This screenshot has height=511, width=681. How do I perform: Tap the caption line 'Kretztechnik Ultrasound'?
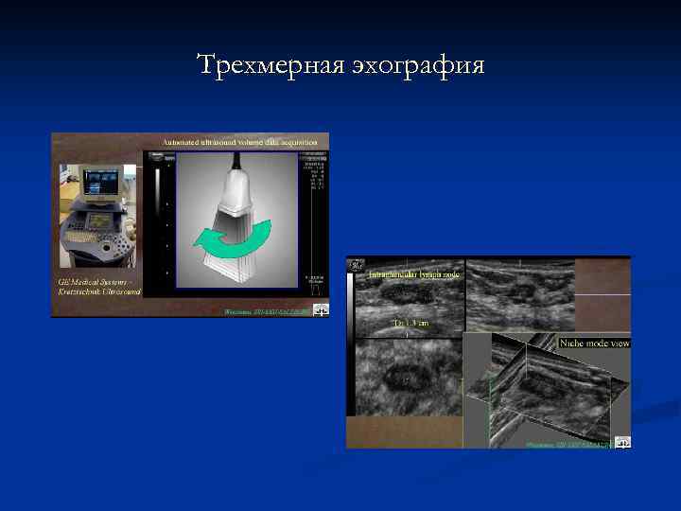94,292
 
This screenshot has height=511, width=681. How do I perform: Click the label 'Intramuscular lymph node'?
413,273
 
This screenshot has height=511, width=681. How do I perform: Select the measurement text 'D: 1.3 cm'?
411,324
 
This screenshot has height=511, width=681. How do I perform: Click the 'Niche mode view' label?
594,343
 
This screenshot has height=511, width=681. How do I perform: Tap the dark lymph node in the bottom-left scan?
407,378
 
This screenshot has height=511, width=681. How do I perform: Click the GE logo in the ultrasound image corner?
357,268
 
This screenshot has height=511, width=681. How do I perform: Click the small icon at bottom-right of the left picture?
322,309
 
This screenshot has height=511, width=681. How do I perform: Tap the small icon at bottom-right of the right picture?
622,441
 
